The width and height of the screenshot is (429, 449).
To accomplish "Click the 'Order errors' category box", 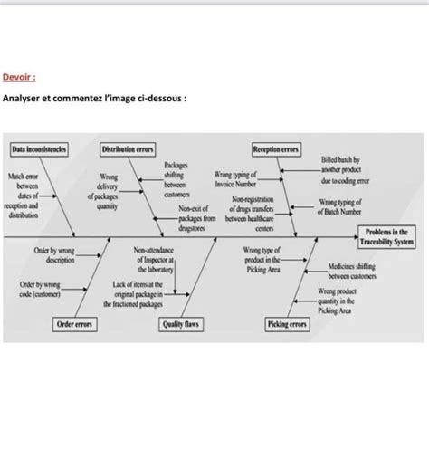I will coord(77,323).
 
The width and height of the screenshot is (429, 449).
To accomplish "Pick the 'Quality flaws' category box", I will coord(180,323).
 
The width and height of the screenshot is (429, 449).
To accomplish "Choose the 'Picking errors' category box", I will coord(288,323).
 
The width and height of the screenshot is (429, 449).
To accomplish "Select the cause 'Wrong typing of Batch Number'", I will coord(339,206).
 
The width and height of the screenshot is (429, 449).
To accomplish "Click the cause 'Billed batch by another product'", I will coord(340,169).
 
